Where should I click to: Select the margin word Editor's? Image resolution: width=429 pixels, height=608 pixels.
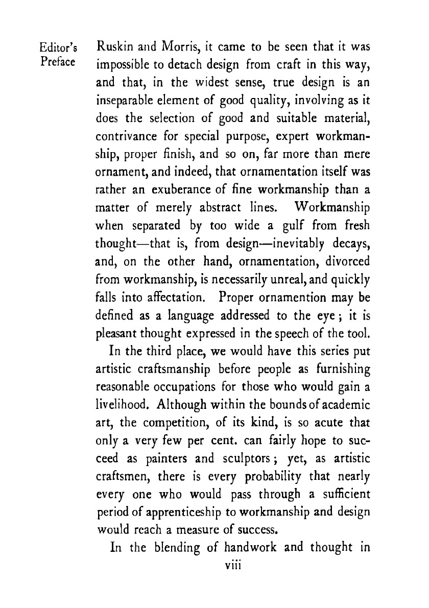click(x=57, y=51)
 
